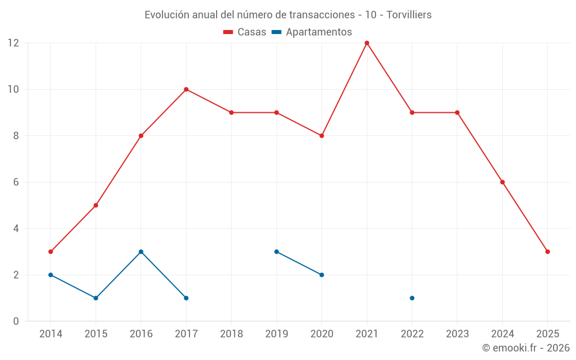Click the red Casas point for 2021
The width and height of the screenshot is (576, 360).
pos(367,43)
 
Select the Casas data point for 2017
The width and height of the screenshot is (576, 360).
pos(186,89)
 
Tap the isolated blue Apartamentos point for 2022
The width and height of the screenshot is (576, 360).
pos(412,298)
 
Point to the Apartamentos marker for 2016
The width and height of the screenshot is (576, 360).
pos(141,252)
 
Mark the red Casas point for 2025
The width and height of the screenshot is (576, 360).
pos(548,252)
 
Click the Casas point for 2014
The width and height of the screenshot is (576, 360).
pos(51,252)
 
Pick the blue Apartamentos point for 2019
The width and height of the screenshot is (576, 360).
pos(276,252)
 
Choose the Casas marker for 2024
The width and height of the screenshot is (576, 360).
pos(502,182)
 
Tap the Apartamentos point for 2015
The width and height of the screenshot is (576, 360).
pos(96,298)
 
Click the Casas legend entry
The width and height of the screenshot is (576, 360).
pos(245,32)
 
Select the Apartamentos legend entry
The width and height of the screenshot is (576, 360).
pos(312,32)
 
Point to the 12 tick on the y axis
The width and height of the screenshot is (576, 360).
pos(13,43)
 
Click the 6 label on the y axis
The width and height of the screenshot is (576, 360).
pos(16,182)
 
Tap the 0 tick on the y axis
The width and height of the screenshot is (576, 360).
pos(16,321)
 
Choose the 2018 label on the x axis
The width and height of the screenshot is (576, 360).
pos(231,334)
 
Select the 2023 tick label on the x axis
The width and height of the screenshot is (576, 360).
pos(457,334)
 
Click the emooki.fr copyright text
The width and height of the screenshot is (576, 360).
pos(526,348)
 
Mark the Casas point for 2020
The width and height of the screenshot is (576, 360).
pos(321,136)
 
